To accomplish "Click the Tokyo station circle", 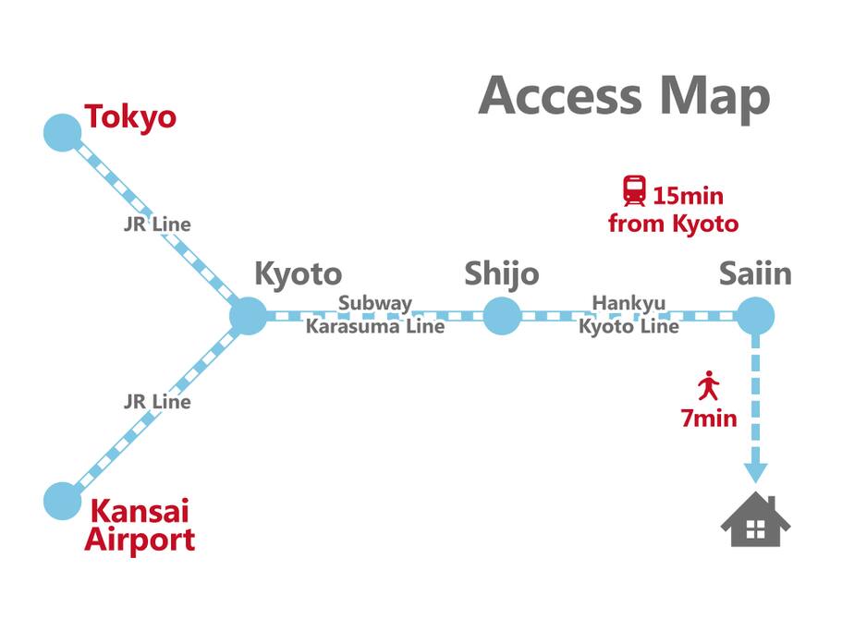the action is pos(62,132).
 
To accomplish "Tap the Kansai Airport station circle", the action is pos(62,501).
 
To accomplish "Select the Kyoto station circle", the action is pos(248,316).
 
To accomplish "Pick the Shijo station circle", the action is pos(502,316).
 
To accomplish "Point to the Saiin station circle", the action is pos(755,316).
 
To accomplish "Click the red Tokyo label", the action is pos(130,117).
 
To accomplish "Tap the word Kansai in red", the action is pos(140,511).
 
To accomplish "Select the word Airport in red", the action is pos(140,540).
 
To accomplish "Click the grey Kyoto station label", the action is pos(298,274).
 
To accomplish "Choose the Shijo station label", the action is pos(502,274).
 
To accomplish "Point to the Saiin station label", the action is pos(755,273).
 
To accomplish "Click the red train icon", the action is pos(635,191).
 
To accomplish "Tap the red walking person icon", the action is pos(709,385).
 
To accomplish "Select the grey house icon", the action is pos(755,519).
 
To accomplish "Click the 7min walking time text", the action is pos(709,419).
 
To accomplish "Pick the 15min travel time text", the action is pos(688,196).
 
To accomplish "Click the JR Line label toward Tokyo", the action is pos(157,224).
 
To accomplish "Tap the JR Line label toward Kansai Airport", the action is pos(157,402).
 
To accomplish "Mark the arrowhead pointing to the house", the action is pos(755,473).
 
